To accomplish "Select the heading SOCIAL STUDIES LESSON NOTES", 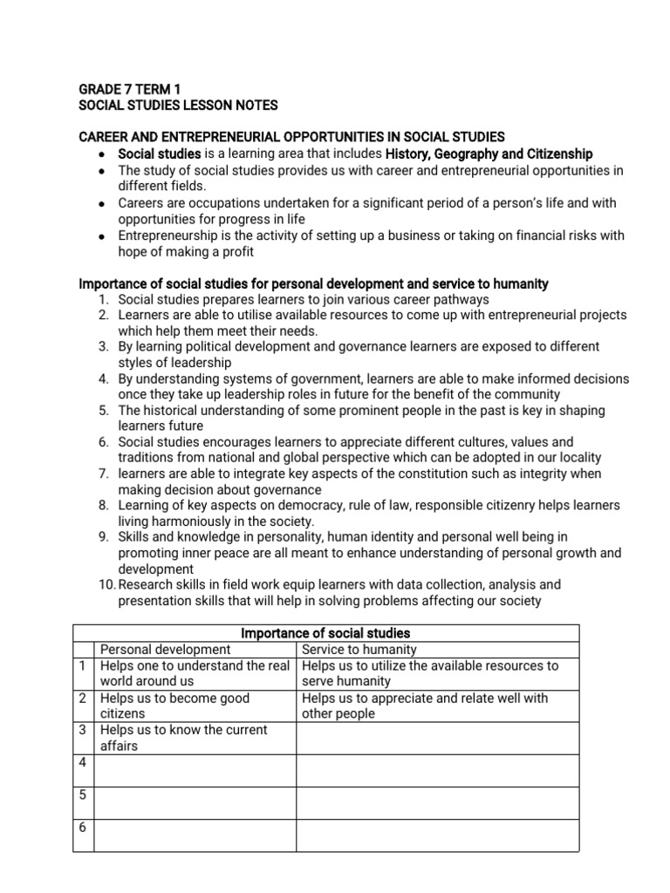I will pos(178,105).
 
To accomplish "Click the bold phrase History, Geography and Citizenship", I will pos(489,153).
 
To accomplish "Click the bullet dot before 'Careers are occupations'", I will pos(102,203).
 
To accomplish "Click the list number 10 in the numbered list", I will pos(106,584).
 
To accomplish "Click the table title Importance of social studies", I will pos(325,633).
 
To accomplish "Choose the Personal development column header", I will pos(166,649).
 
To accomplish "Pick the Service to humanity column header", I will pos(359,649).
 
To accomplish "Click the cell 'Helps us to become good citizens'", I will pos(174,706).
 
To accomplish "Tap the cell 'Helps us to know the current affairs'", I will pos(183,738).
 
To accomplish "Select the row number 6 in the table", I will pos(82,827).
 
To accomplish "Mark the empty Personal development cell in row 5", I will pos(195,802).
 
